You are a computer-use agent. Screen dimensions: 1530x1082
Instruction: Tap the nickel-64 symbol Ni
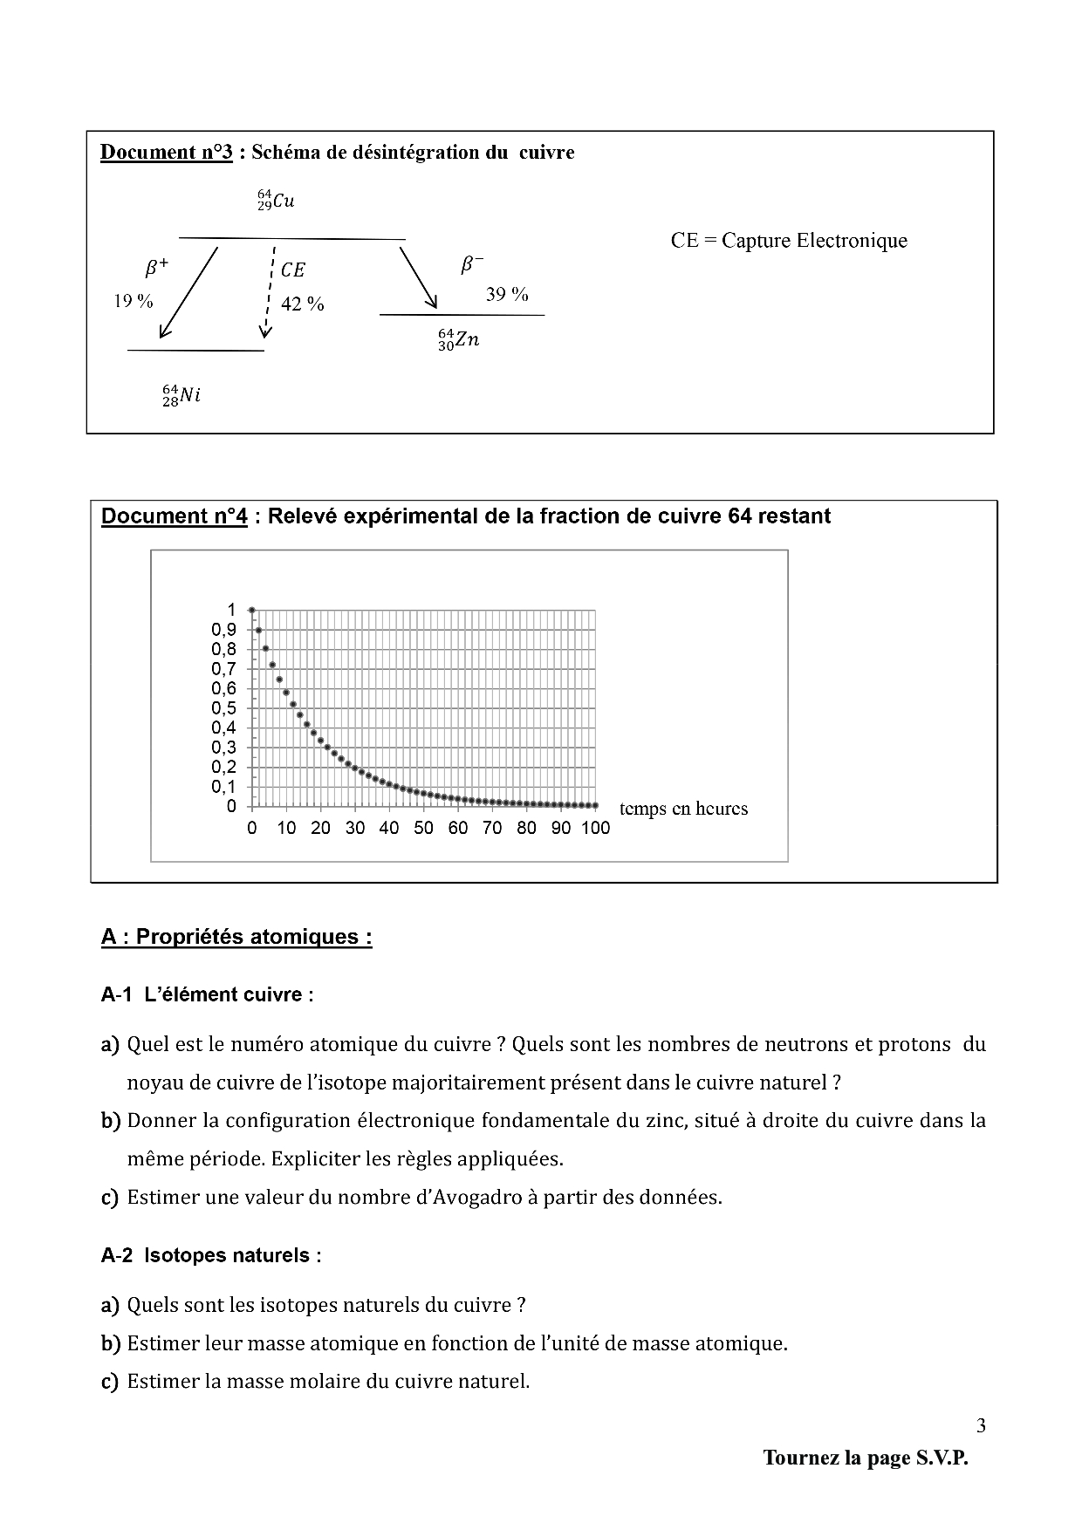(x=181, y=395)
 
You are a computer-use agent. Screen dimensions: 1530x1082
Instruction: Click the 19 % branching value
(x=134, y=301)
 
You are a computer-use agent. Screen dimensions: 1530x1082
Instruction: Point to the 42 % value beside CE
(x=303, y=304)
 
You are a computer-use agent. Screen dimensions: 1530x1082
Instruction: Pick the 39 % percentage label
(x=507, y=295)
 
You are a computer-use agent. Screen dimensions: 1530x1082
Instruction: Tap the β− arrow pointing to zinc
(x=418, y=277)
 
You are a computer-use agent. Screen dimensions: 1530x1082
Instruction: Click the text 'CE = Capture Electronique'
(x=789, y=241)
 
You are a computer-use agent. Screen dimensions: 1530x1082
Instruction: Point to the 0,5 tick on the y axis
(x=223, y=708)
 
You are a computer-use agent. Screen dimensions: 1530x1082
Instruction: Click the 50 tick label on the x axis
(x=423, y=829)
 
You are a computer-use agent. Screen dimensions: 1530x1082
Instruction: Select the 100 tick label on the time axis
(x=596, y=829)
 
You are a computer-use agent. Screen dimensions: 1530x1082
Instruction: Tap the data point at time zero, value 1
(x=251, y=610)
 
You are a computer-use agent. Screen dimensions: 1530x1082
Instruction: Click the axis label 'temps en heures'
(x=683, y=809)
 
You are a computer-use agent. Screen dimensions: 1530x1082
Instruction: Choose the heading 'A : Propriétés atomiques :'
(x=236, y=937)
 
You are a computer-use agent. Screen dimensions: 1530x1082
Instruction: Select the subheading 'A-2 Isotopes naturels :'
(x=211, y=1255)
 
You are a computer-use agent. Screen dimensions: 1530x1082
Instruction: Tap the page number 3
(x=981, y=1426)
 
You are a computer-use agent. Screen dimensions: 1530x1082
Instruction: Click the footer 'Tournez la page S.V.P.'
(x=866, y=1458)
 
